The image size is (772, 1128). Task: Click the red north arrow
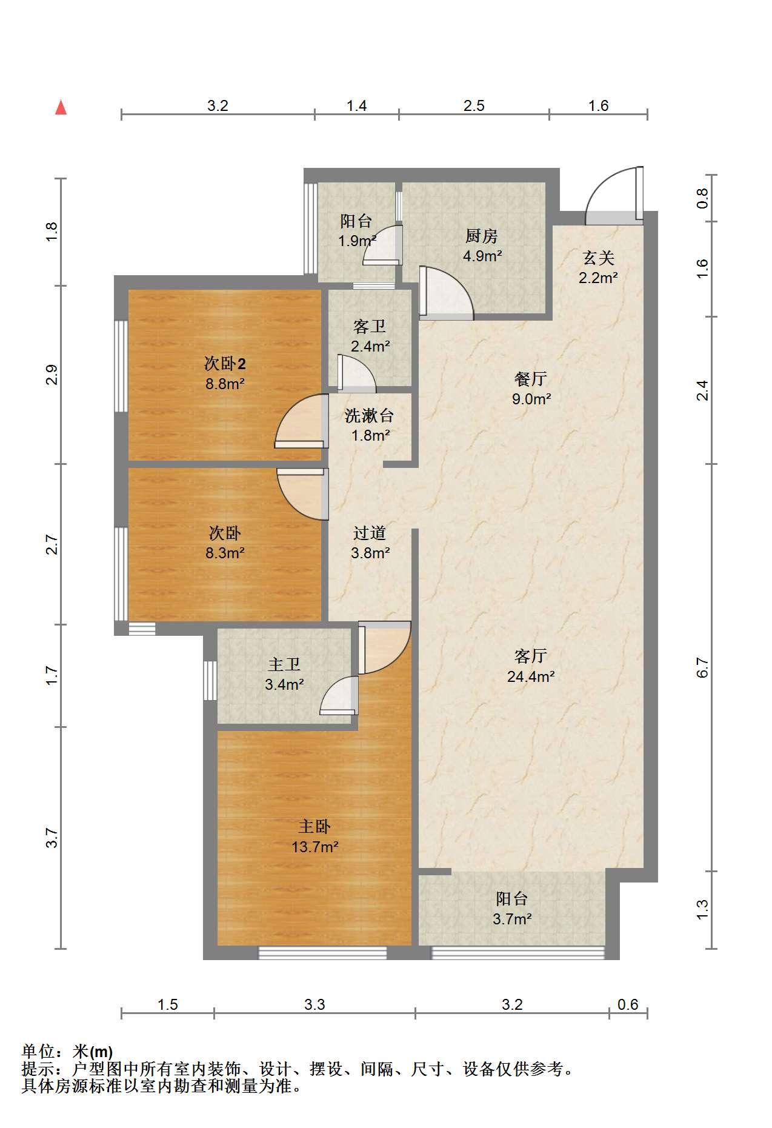(x=61, y=107)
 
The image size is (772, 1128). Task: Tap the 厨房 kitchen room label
(x=482, y=235)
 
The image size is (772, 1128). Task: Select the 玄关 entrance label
(x=598, y=258)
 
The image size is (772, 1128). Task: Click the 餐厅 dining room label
(x=531, y=379)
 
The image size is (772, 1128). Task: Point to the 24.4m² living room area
(x=531, y=676)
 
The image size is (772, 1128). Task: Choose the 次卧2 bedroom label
(x=225, y=364)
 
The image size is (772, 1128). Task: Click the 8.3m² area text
(x=225, y=553)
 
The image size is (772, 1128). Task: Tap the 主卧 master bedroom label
(x=314, y=826)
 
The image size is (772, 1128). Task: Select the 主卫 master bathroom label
(x=284, y=665)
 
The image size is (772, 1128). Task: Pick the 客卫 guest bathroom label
(x=370, y=327)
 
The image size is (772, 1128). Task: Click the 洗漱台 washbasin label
(x=370, y=415)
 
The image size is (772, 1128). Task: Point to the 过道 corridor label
(x=370, y=533)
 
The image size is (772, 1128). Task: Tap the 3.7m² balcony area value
(x=512, y=919)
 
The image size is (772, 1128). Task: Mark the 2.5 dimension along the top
(x=474, y=106)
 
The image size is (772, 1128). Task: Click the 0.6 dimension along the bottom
(x=628, y=1005)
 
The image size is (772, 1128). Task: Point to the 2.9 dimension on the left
(x=53, y=375)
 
